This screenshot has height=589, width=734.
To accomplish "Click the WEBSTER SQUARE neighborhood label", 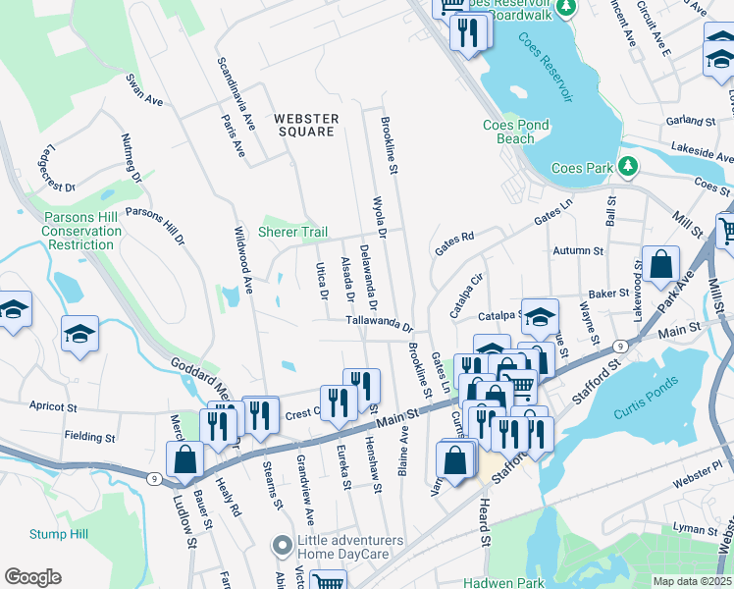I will (306, 125).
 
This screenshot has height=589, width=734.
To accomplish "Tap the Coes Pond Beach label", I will (516, 132).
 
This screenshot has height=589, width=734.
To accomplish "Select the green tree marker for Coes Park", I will (626, 167).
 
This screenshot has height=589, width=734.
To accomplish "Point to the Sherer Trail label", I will (291, 233).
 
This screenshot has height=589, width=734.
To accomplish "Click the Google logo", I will (32, 577).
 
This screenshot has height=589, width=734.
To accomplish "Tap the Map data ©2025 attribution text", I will (692, 581).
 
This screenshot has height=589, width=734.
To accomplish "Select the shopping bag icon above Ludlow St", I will (184, 460).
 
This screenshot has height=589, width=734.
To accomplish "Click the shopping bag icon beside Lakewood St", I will (661, 264).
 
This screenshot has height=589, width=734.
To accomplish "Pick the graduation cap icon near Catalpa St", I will (540, 317).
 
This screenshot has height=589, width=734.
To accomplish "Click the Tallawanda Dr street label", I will (379, 323).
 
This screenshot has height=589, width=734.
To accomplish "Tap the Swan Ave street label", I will (144, 88).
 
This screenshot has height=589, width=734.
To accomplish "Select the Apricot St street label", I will (53, 405).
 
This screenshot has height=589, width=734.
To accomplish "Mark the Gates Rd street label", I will (454, 240).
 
